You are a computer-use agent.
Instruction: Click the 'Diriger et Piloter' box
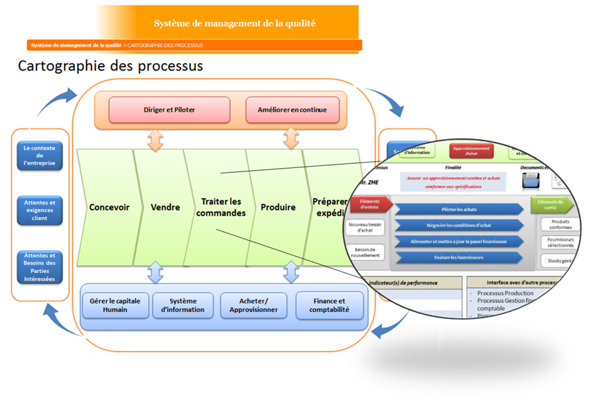tap(168, 110)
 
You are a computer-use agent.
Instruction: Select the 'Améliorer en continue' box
tap(293, 110)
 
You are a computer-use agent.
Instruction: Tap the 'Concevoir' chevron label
tap(109, 207)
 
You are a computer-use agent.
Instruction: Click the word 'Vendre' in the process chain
tap(165, 207)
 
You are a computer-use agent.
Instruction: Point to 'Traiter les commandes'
tap(220, 207)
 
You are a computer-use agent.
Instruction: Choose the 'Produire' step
tap(278, 207)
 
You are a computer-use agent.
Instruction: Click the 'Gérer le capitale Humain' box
tap(115, 305)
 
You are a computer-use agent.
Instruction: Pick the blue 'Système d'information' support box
tap(182, 305)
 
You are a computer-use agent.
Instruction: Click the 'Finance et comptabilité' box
tap(329, 305)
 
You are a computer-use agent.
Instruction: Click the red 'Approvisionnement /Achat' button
tap(471, 151)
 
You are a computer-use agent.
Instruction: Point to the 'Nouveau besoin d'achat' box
tap(366, 228)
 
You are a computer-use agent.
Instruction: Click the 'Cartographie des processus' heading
tap(110, 67)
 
